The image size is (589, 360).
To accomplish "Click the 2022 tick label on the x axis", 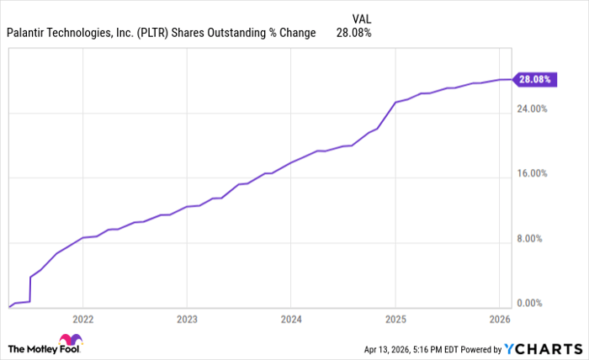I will coord(82,320).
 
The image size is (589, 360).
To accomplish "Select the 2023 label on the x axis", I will coord(187,320).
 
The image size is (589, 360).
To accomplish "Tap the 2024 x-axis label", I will coord(290,320).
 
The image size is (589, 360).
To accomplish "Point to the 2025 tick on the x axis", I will coord(395,320).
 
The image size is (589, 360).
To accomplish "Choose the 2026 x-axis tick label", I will coord(500,320).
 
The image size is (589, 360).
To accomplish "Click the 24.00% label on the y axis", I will coord(531,109).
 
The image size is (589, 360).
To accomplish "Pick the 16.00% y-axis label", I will coord(531,174).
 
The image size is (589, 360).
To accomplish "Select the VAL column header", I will coord(359,18).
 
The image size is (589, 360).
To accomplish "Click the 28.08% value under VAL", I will coord(353,34).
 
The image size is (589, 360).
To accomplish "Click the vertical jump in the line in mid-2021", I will coord(30,289).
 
